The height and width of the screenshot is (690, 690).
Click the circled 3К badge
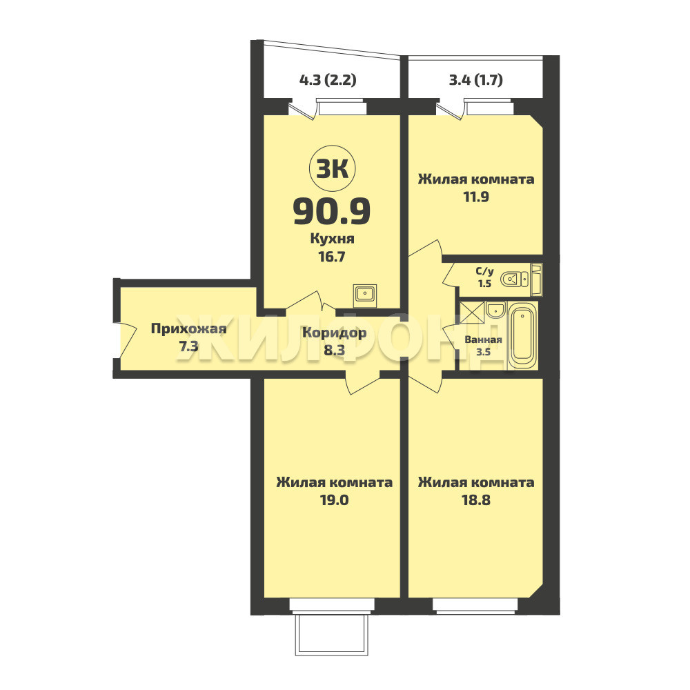333,168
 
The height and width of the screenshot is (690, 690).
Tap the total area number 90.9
333,211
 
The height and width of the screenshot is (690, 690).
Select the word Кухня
333,239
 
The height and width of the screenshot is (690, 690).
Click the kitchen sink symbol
365,295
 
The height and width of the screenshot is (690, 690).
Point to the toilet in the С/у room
515,279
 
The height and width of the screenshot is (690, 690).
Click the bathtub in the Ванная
523,335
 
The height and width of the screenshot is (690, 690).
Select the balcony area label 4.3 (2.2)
328,80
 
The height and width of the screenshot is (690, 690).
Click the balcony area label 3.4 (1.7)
475,80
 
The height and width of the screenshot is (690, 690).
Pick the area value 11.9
476,197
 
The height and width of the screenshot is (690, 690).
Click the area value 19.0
335,500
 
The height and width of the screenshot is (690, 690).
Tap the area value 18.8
476,500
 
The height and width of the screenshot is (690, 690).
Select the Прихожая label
189,329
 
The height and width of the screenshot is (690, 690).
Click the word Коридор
335,333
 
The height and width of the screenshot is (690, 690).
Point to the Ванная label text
483,339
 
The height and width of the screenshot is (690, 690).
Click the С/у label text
485,271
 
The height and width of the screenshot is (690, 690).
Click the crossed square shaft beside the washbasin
472,313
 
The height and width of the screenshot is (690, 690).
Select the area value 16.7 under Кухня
333,257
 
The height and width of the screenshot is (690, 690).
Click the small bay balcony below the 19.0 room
332,635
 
